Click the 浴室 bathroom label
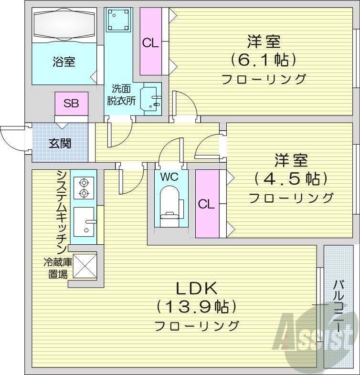(64, 62)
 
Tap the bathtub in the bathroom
(65, 25)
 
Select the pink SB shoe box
(71, 103)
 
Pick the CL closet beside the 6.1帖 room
(150, 42)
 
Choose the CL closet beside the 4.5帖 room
(206, 204)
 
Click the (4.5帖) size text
(290, 178)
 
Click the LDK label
(197, 288)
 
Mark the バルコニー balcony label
(338, 306)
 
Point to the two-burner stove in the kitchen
(84, 187)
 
